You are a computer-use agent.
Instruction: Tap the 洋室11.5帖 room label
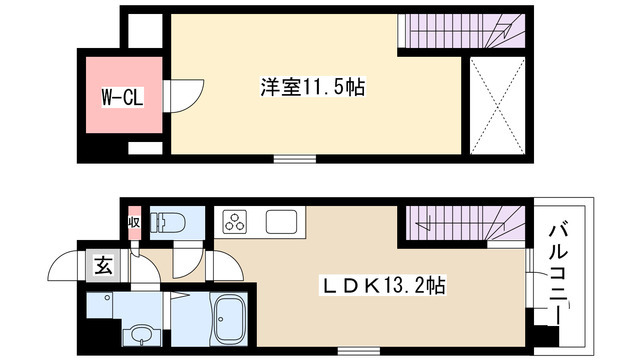(312, 88)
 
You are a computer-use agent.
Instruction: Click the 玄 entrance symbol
(102, 266)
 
